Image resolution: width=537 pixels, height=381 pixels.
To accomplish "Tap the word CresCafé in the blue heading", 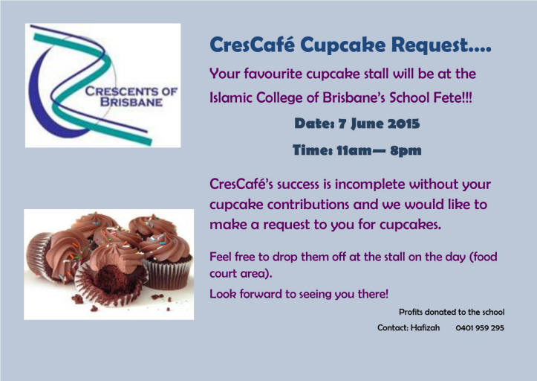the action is pyautogui.click(x=252, y=45).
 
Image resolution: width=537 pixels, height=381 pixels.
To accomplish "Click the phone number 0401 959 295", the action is pyautogui.click(x=480, y=328).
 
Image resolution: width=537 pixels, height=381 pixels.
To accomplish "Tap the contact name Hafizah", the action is pyautogui.click(x=426, y=327).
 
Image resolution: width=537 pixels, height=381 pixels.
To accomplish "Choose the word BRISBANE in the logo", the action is pyautogui.click(x=131, y=102).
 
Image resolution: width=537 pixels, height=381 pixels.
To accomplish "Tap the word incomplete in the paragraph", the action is pyautogui.click(x=370, y=185).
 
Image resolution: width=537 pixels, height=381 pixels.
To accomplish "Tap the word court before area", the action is pyautogui.click(x=223, y=274).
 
